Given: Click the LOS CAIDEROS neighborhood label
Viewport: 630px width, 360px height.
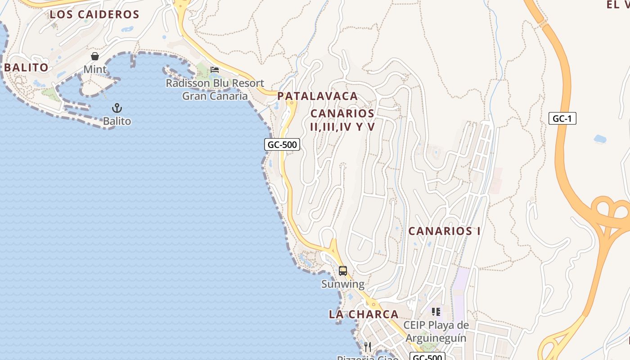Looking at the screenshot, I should tap(94, 14).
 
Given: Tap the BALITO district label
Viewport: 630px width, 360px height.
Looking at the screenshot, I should tap(26, 67).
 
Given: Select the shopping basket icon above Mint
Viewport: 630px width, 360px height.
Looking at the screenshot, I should tap(95, 56).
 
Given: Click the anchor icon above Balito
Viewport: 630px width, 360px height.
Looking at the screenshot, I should tap(117, 108).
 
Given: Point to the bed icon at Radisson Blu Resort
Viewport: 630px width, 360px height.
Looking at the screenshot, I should tap(215, 70).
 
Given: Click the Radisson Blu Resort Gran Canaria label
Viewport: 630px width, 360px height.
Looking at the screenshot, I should tap(215, 90).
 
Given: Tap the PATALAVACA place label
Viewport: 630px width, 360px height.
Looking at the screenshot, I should tap(318, 96).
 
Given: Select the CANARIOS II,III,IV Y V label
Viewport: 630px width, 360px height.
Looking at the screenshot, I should tap(342, 120).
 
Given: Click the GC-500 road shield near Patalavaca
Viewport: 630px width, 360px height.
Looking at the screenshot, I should tap(282, 144).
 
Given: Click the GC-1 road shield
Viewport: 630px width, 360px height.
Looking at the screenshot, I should tap(562, 118).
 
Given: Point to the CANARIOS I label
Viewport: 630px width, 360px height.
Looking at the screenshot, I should tap(444, 231).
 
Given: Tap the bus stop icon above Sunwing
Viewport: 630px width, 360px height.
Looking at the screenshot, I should tap(343, 271).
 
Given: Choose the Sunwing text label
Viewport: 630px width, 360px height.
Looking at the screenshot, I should tap(343, 284).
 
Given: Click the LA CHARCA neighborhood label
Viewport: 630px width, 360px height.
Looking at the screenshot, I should tap(364, 314).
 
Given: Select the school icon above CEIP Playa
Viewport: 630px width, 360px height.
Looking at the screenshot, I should tap(436, 311).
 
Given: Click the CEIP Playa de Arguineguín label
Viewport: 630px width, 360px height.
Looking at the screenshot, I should tap(436, 331).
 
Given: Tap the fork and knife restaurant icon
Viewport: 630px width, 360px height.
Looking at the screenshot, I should tap(368, 347).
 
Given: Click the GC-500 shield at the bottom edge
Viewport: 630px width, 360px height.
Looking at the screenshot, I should tap(427, 357).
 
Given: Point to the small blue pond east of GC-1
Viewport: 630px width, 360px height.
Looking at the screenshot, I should tap(600, 139).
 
